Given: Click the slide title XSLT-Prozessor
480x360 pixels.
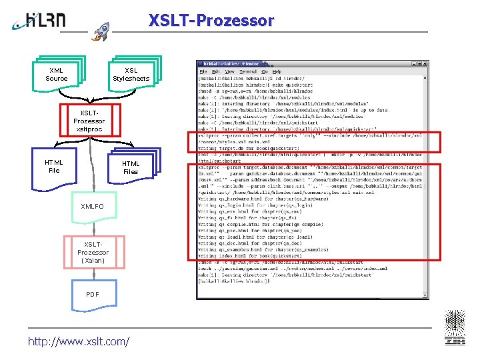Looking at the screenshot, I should [211, 21].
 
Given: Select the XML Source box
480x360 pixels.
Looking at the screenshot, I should [57, 74].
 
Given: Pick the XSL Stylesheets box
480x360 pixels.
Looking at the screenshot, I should [131, 74].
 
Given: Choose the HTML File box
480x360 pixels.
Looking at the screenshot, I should [54, 166].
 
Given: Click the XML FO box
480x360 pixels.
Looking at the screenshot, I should [92, 207].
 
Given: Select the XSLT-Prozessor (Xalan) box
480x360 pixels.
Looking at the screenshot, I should [93, 253].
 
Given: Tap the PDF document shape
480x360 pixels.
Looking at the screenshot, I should [92, 295].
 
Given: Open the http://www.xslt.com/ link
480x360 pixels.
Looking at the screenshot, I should [79, 341].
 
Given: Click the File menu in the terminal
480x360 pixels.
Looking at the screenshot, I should [203, 71].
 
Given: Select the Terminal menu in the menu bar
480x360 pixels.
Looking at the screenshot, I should [248, 71].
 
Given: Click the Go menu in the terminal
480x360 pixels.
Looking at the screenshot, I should [265, 71].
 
